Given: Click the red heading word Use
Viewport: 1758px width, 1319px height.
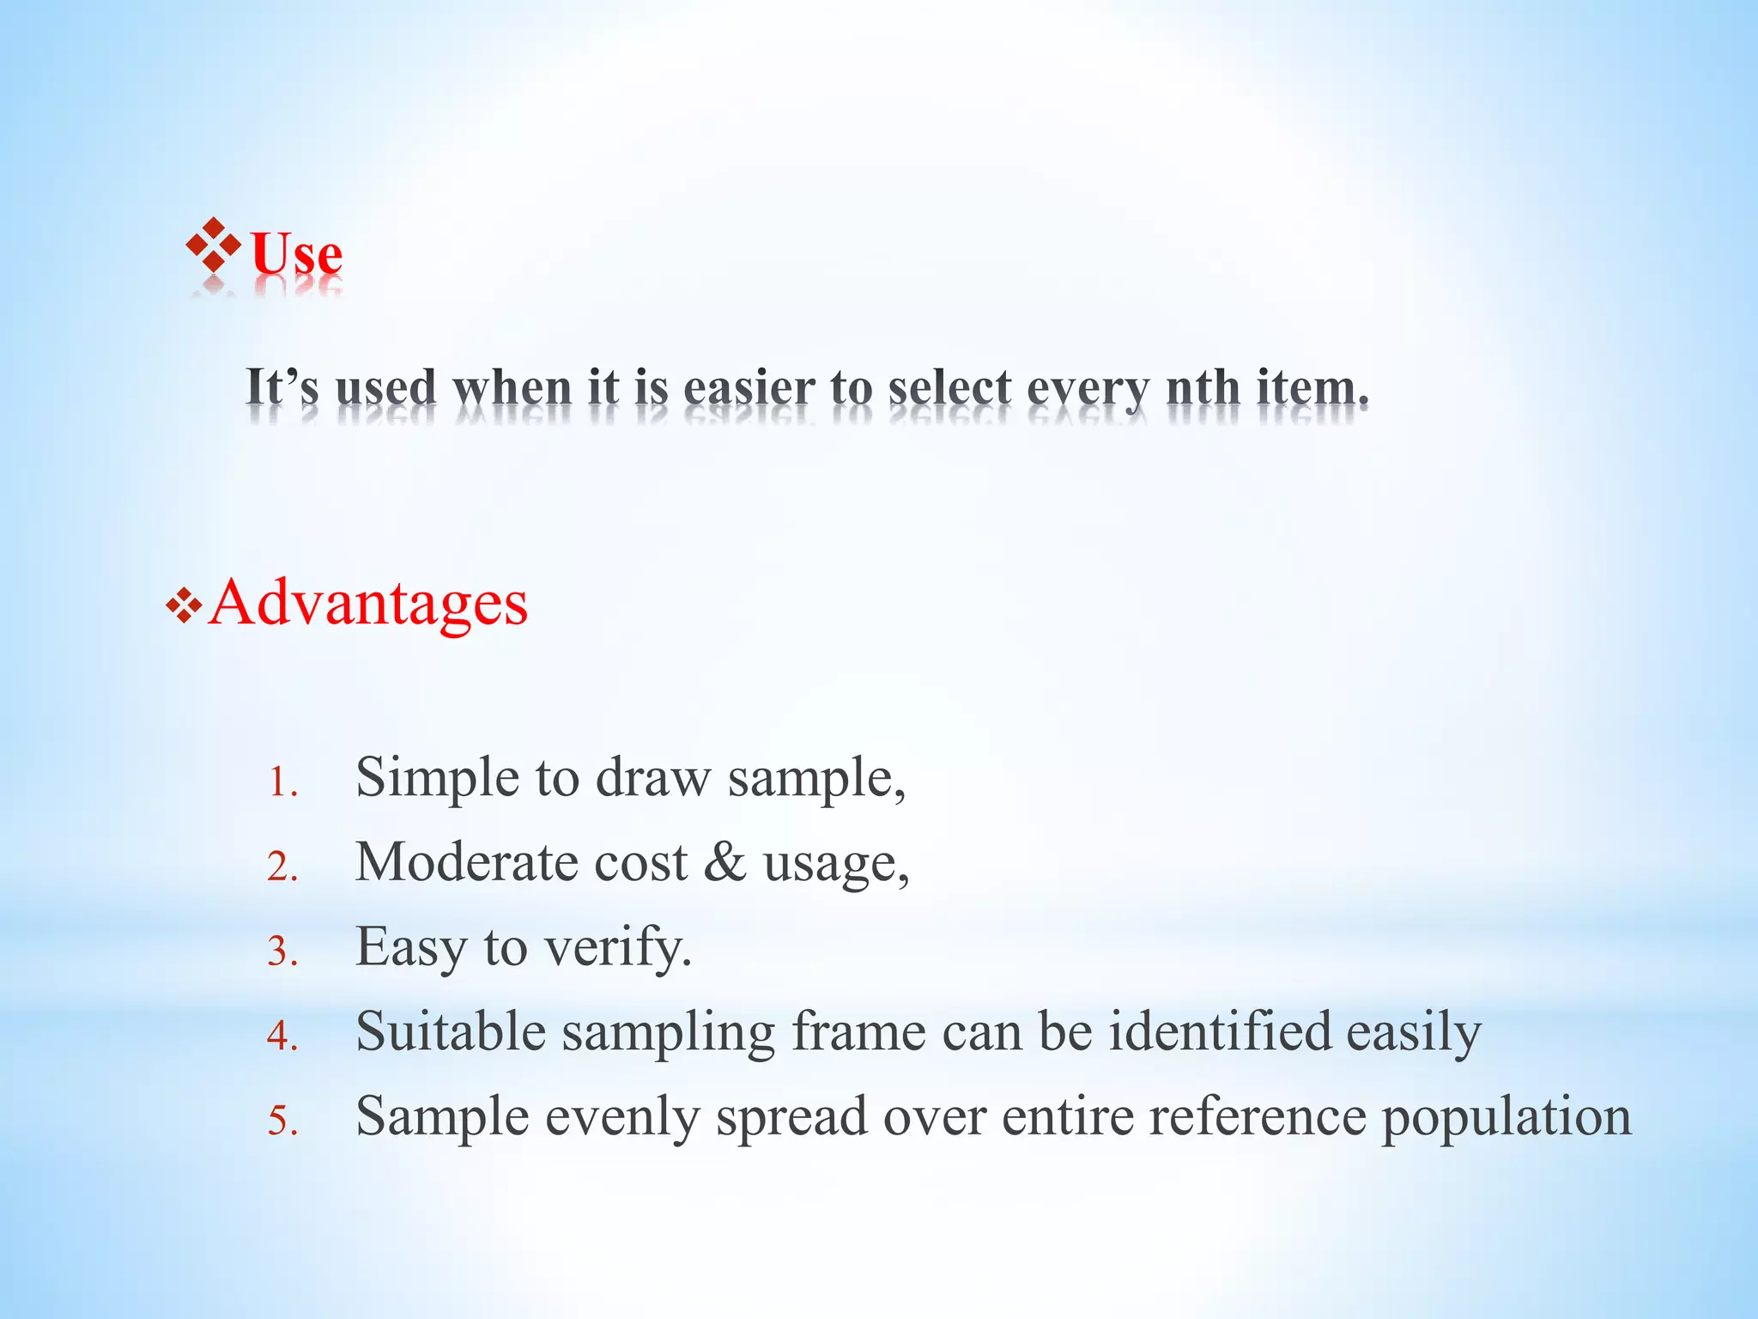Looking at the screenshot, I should [296, 254].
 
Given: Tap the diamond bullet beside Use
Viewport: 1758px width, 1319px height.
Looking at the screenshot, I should [213, 246].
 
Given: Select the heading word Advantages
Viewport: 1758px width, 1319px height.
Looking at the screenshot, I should [368, 603].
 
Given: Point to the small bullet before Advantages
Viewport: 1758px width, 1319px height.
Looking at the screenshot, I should [184, 608].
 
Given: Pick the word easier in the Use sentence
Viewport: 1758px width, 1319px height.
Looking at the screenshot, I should [749, 387].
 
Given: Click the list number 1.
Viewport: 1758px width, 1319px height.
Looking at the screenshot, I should [282, 783].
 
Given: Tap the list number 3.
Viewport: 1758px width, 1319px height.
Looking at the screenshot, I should [282, 952].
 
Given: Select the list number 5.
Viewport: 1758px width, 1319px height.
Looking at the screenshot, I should [282, 1121].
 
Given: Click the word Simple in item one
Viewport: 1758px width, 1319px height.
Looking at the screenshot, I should [437, 777].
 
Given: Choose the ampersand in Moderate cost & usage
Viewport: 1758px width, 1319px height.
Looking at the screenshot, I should [724, 862].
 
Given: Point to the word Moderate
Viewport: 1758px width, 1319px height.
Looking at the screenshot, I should [466, 861].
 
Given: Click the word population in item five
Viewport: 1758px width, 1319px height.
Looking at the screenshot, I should [1506, 1117].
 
